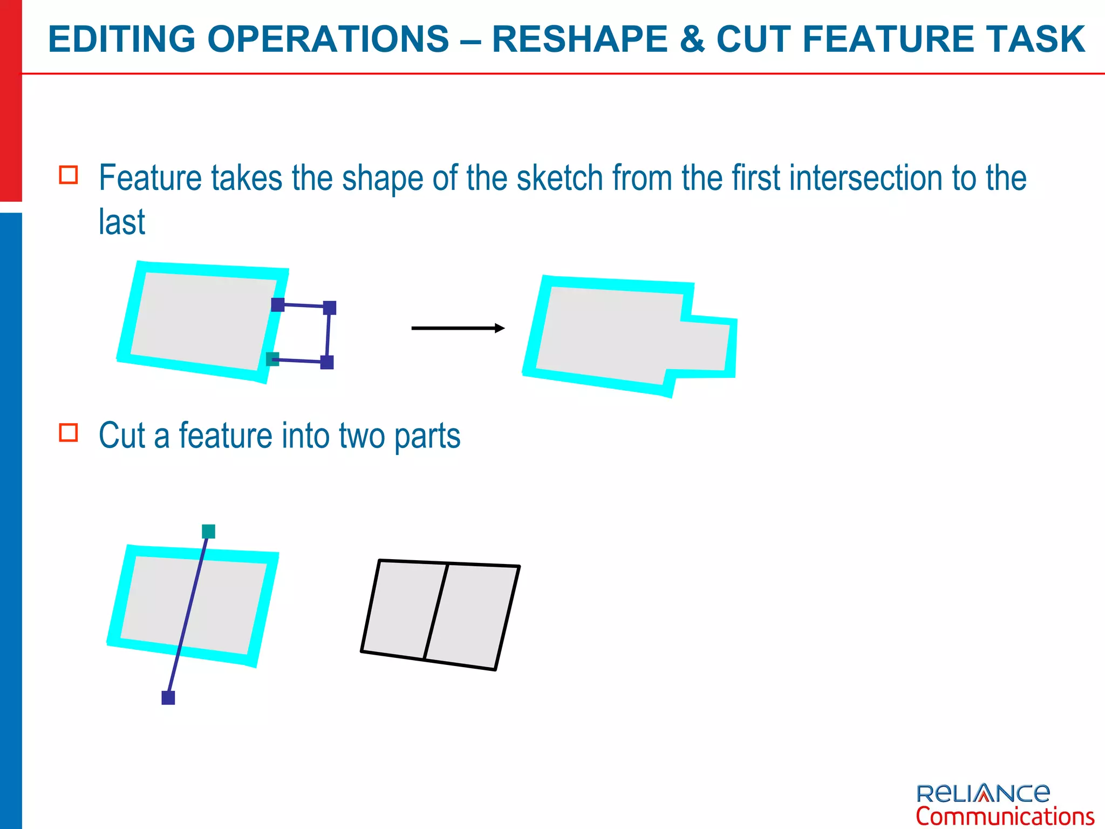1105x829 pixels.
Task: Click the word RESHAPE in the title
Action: tap(580, 39)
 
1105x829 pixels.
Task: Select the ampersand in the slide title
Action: tap(692, 39)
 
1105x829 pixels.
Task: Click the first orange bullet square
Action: tap(69, 175)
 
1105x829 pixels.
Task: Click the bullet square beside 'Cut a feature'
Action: tap(69, 433)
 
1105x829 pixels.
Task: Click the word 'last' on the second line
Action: tap(122, 222)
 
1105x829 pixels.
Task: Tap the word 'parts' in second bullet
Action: tap(427, 436)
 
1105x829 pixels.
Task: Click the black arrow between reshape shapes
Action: tap(458, 328)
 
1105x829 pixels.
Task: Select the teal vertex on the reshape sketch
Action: tap(272, 359)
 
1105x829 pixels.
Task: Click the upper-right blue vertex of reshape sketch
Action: tap(330, 308)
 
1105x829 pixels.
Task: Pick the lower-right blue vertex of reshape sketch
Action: tap(327, 362)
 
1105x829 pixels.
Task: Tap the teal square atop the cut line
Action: tap(208, 531)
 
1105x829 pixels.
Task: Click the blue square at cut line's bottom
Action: tap(168, 698)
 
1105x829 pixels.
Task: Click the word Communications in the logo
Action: tap(1005, 816)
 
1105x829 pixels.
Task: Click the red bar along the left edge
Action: tap(10, 100)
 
